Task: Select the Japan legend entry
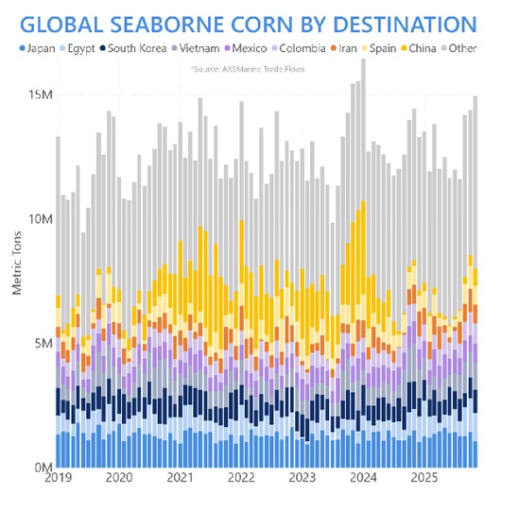pyautogui.click(x=38, y=48)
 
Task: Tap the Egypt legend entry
pyautogui.click(x=78, y=48)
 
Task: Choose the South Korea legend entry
pyautogui.click(x=133, y=48)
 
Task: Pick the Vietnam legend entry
pyautogui.click(x=196, y=48)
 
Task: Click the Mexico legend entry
pyautogui.click(x=246, y=48)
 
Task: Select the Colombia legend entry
pyautogui.click(x=299, y=48)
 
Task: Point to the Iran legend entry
pyautogui.click(x=344, y=48)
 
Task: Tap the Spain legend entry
pyautogui.click(x=379, y=48)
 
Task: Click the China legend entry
pyautogui.click(x=419, y=48)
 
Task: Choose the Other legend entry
pyautogui.click(x=459, y=48)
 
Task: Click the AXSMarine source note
pyautogui.click(x=248, y=69)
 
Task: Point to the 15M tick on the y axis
pyautogui.click(x=41, y=94)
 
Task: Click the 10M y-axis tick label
pyautogui.click(x=41, y=219)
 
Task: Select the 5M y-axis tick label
pyautogui.click(x=43, y=344)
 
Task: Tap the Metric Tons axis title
pyautogui.click(x=17, y=263)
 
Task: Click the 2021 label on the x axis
pyautogui.click(x=180, y=478)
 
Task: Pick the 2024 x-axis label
pyautogui.click(x=363, y=478)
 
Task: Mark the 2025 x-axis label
pyautogui.click(x=424, y=478)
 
